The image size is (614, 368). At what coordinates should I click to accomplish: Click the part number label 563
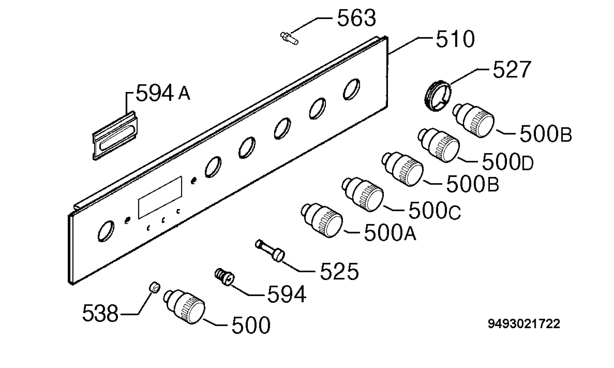[x=356, y=18]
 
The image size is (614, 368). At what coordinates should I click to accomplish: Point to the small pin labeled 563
[x=289, y=38]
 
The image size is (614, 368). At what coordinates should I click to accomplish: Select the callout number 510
[x=455, y=39]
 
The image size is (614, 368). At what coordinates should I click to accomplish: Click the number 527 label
[x=512, y=69]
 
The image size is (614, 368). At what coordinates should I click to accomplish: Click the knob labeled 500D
[x=438, y=145]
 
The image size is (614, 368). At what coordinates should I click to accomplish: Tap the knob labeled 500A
[x=322, y=220]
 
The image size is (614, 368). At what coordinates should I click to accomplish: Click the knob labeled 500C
[x=363, y=194]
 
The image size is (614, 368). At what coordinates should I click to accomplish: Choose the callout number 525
[x=339, y=271]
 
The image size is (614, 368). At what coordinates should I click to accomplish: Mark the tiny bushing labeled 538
[x=155, y=287]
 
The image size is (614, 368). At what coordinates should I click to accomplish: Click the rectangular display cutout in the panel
[x=160, y=197]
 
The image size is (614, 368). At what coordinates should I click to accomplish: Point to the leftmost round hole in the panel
[x=106, y=231]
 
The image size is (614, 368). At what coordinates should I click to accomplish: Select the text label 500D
[x=508, y=162]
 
